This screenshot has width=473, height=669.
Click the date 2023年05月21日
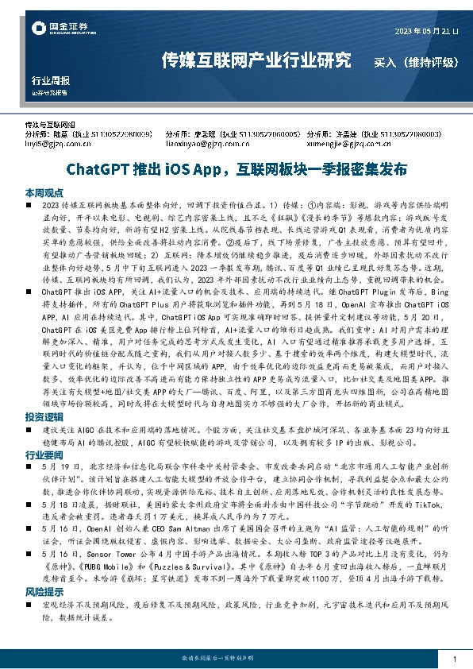click(427, 31)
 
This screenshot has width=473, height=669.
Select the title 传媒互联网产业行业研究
click(256, 60)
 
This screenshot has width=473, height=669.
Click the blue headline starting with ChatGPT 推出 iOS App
click(236, 169)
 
